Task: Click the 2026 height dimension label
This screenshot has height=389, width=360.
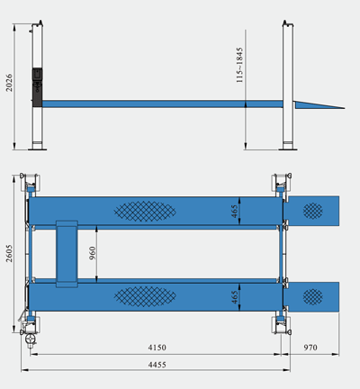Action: (x=9, y=83)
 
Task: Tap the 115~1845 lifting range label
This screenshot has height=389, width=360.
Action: (x=239, y=65)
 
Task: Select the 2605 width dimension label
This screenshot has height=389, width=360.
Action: (x=9, y=253)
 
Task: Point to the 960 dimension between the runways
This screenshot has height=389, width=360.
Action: (x=93, y=253)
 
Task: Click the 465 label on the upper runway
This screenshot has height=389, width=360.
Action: (x=235, y=212)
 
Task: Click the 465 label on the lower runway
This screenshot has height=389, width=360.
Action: (x=235, y=297)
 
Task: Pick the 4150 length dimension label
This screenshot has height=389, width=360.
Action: (x=157, y=348)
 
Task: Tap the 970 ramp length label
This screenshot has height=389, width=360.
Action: (x=310, y=348)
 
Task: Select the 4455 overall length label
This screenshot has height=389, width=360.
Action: (x=157, y=365)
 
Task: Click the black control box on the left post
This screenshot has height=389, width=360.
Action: (x=37, y=87)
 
